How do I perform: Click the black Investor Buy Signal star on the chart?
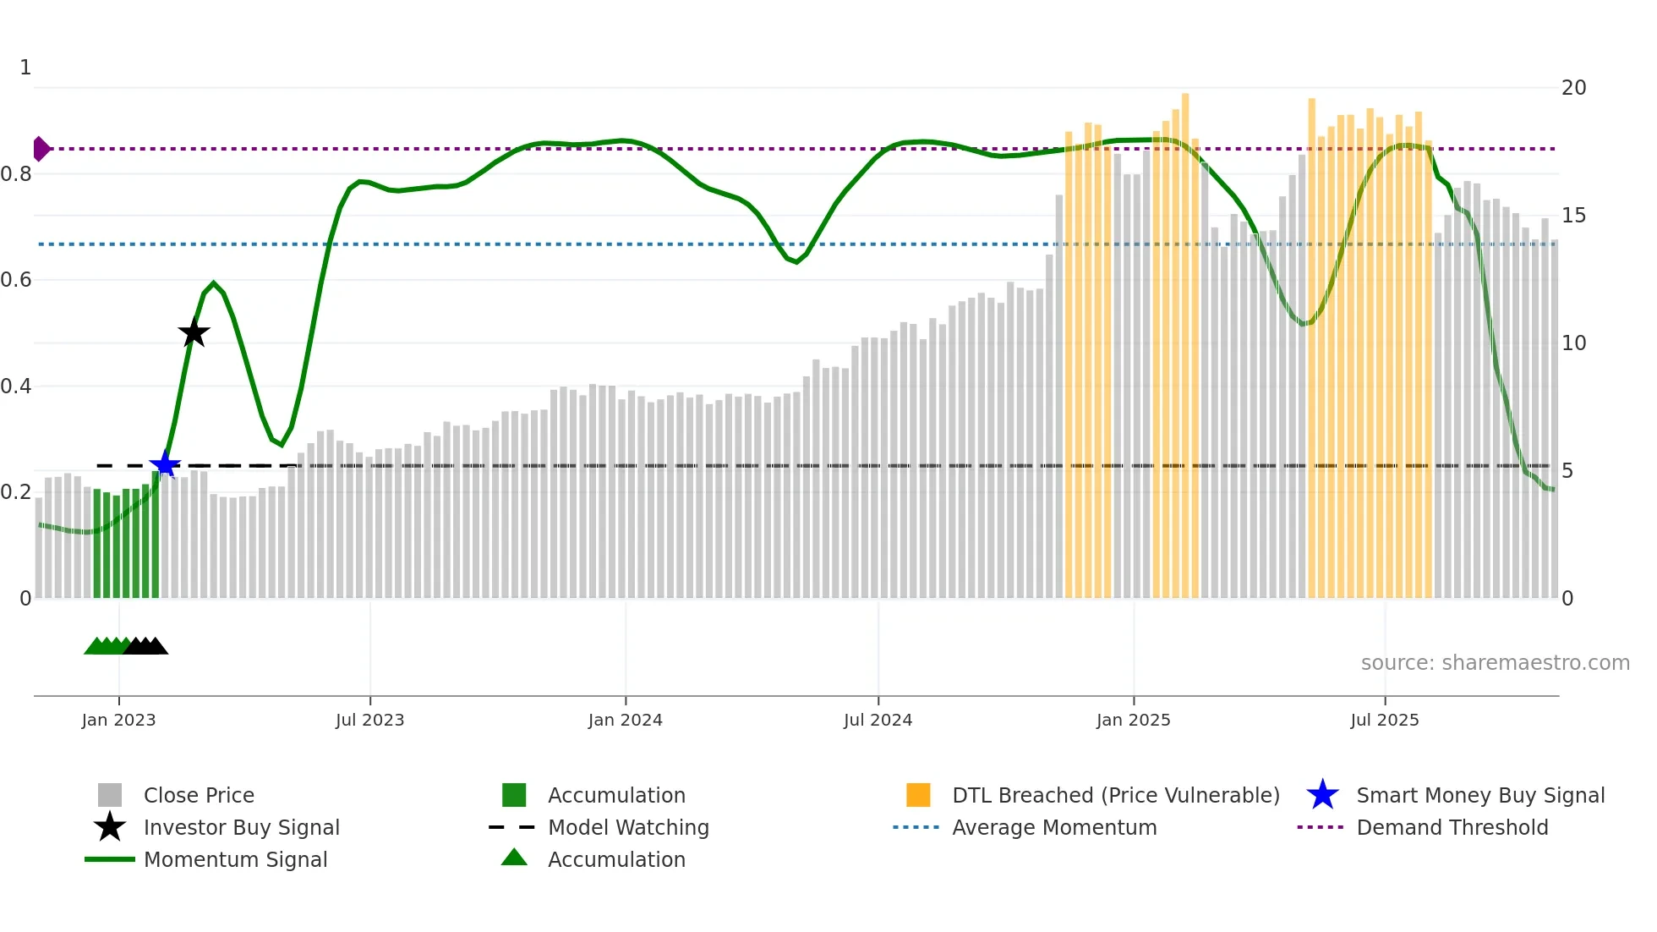[194, 332]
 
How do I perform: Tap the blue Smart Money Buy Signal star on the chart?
[165, 464]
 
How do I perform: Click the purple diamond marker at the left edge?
[41, 149]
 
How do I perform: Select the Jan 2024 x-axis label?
[625, 720]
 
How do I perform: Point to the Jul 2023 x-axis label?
[369, 720]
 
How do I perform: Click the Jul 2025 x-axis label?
[1384, 720]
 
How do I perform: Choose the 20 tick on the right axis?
[1573, 88]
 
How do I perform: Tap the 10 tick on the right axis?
[1573, 343]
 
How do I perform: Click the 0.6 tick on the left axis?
[17, 280]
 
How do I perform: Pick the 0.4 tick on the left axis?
[17, 387]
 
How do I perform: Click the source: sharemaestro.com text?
[1495, 663]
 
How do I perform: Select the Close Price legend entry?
[199, 795]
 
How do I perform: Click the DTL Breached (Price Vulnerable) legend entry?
[1115, 795]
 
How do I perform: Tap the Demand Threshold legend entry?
[1452, 827]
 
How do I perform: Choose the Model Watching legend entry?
[627, 827]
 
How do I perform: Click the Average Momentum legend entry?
[1053, 827]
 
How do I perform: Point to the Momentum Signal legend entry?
[235, 859]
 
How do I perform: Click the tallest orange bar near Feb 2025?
[1185, 338]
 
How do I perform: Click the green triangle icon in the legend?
[514, 858]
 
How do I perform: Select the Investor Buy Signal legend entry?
[241, 827]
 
